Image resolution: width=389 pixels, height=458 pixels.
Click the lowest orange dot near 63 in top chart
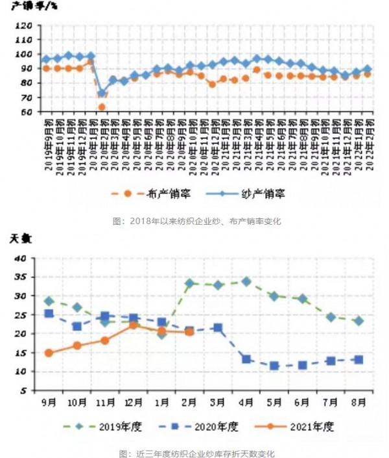coord(102,107)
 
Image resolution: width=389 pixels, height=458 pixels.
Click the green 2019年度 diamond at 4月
coord(246,281)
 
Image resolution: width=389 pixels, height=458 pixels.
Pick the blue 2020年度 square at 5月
coord(274,366)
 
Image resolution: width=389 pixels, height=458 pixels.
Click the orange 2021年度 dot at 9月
coord(49,353)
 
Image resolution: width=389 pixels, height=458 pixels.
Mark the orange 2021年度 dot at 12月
coord(133,325)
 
